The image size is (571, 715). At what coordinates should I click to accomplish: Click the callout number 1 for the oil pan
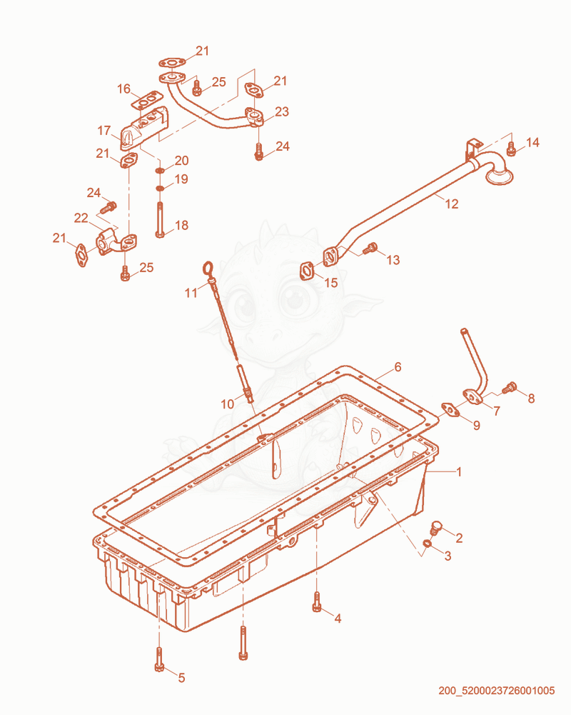pos(459,472)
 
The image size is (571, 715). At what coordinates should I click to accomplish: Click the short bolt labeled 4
pos(317,601)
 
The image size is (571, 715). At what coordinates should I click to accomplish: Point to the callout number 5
pos(181,678)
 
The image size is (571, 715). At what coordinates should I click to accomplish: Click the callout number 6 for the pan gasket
pos(398,367)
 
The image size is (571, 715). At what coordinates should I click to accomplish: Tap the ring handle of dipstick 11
pos(208,266)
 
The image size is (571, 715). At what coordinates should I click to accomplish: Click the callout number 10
pos(228,404)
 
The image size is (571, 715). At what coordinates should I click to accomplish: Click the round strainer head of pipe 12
pos(499,176)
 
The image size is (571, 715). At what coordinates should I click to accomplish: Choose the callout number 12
pos(452,204)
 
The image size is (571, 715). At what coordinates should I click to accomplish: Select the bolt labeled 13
pos(370,249)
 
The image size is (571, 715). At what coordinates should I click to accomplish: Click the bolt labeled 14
pos(511,149)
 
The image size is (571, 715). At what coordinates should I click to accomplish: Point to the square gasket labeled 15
pos(307,271)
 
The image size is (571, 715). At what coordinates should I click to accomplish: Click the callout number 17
pos(104,131)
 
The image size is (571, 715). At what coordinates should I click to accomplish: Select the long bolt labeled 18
pos(159,220)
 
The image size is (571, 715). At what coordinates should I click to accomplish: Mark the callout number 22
pos(81,219)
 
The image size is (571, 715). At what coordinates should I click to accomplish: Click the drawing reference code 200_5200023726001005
pos(497,691)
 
